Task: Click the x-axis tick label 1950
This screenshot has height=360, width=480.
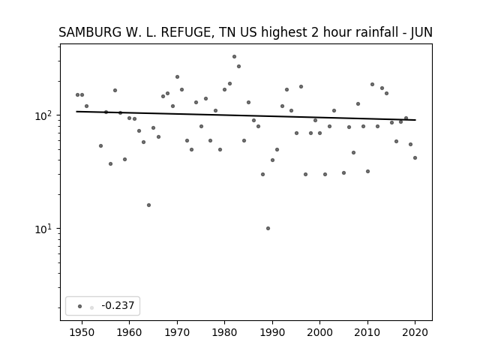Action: tap(82, 333)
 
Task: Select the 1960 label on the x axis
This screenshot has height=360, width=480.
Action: tap(129, 333)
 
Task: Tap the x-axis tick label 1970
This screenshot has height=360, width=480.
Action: tap(177, 333)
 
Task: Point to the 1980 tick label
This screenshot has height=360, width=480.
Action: tap(224, 333)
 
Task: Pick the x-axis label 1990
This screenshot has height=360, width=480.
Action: tap(272, 333)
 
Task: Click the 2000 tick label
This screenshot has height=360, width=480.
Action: tap(320, 333)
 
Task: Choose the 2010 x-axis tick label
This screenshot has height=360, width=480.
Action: tap(367, 333)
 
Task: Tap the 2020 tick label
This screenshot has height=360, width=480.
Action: tap(415, 333)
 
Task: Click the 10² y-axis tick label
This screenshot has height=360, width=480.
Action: tap(45, 115)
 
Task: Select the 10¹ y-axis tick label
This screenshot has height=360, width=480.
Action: tap(45, 229)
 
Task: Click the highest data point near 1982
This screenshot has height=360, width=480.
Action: tap(234, 57)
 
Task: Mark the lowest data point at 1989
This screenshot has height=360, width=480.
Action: tap(268, 228)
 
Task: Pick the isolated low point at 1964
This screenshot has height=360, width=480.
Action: tap(148, 205)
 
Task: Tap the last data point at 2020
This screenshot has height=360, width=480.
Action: tap(415, 158)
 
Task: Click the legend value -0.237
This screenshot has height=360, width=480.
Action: tap(118, 305)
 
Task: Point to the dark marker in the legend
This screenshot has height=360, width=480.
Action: tap(80, 306)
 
